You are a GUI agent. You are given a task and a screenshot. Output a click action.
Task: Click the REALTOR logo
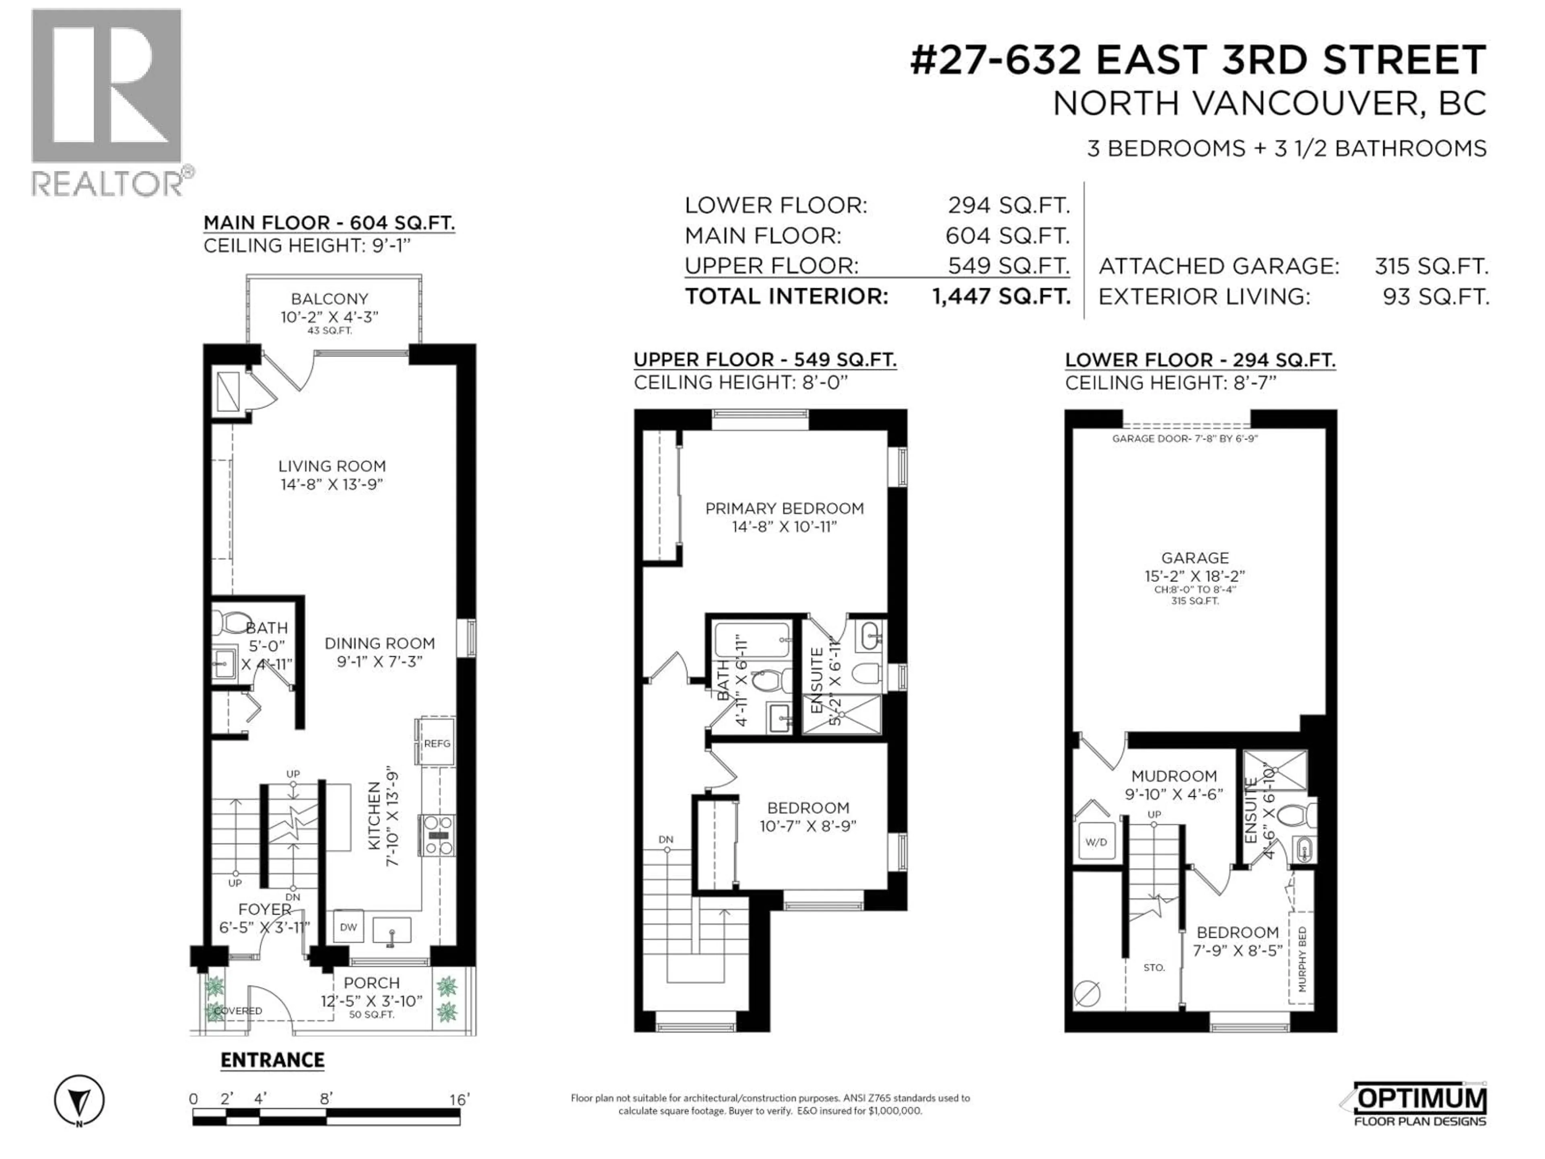(108, 101)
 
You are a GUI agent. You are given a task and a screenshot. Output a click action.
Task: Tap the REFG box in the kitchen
(437, 743)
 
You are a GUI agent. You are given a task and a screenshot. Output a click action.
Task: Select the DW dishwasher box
(348, 927)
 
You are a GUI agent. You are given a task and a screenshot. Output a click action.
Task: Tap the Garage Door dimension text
(1184, 439)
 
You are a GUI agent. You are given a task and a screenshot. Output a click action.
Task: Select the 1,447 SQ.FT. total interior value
(1001, 296)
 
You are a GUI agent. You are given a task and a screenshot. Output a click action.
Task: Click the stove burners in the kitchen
(438, 835)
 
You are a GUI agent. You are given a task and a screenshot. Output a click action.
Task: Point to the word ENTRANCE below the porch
(272, 1060)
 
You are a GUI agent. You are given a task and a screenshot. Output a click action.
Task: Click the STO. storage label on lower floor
(1154, 967)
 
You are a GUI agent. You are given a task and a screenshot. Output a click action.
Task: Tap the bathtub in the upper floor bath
(752, 639)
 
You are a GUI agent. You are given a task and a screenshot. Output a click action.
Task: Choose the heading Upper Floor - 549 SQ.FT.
(765, 360)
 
